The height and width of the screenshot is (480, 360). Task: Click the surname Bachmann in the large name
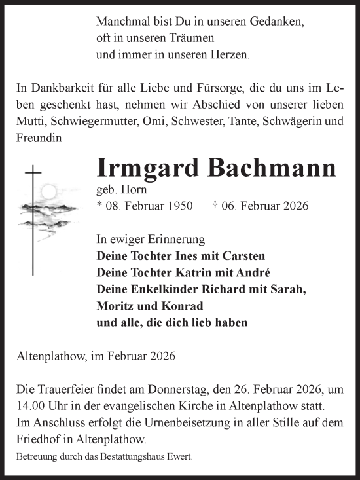click(x=274, y=168)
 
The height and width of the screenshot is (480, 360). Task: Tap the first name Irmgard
click(x=150, y=170)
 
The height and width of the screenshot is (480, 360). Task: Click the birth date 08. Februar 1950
click(x=145, y=206)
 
